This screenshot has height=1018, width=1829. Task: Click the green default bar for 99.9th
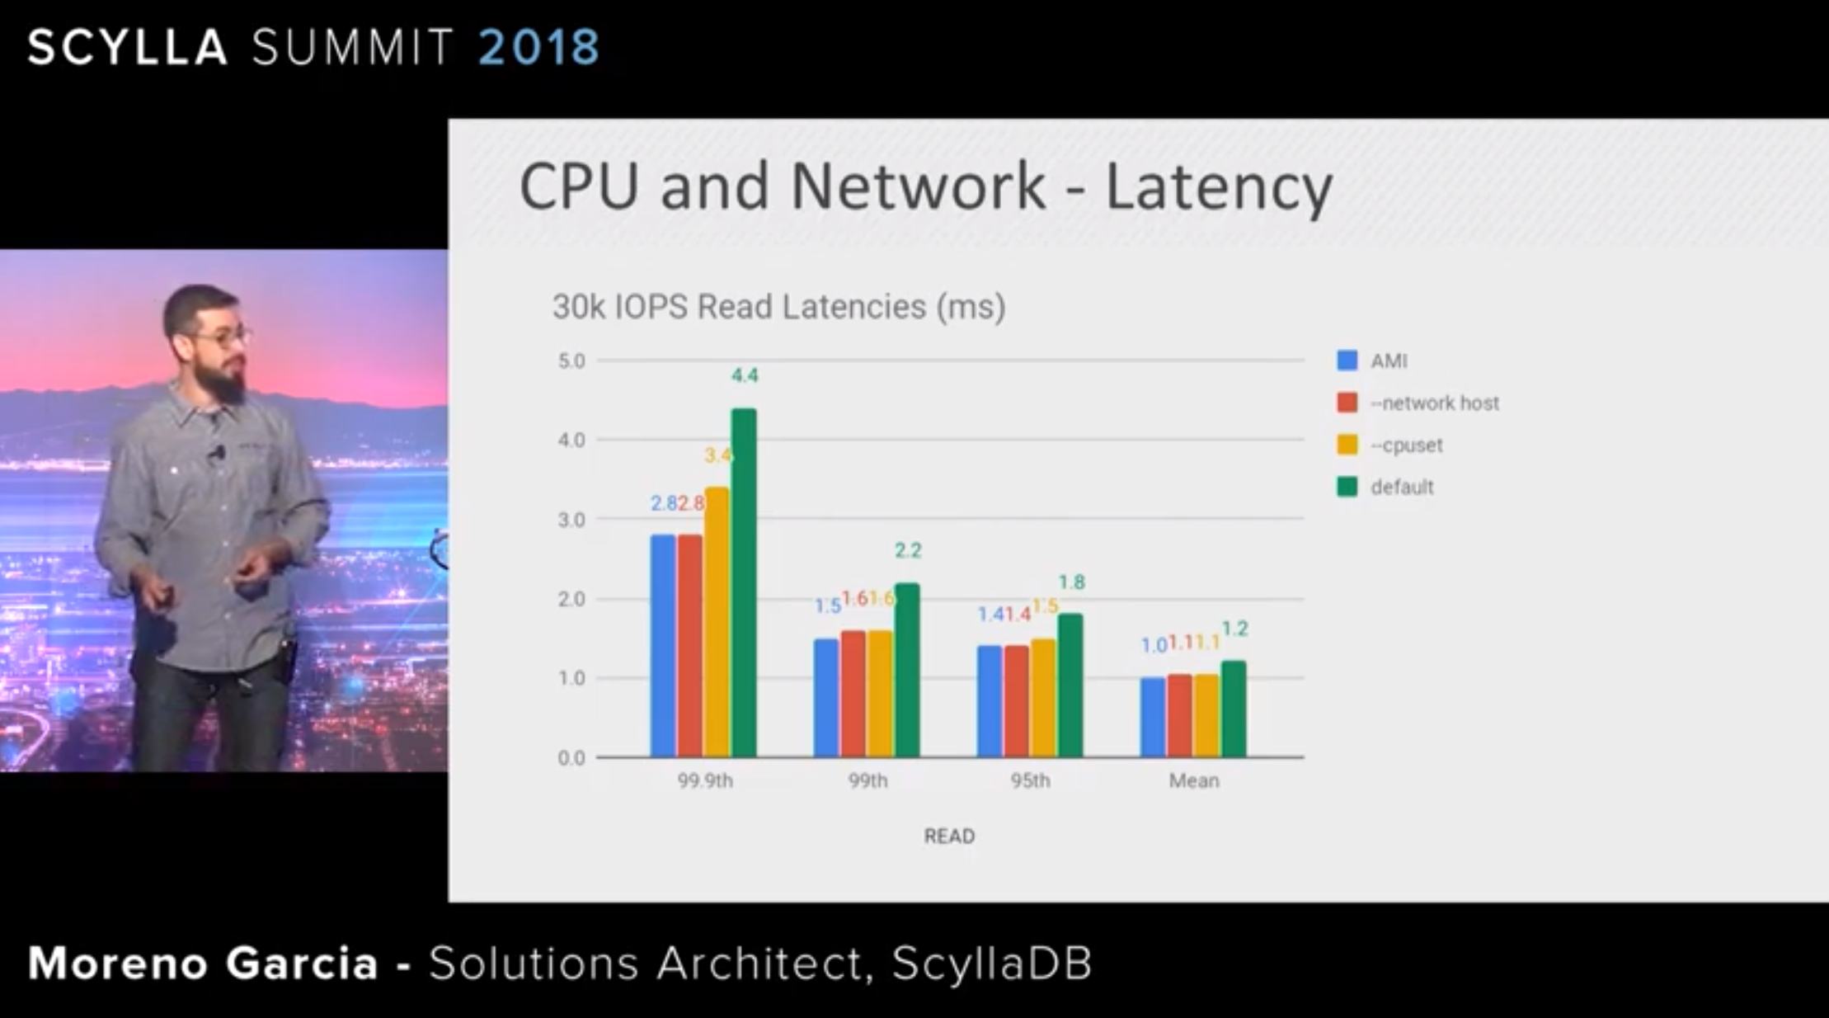click(744, 582)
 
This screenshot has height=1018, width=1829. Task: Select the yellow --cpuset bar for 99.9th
click(717, 622)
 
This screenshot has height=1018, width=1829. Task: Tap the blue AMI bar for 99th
click(826, 698)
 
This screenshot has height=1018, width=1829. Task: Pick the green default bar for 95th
click(1070, 685)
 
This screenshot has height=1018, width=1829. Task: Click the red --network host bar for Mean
click(1180, 715)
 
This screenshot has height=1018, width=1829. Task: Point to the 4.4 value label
click(745, 376)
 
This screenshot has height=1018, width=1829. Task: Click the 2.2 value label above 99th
click(908, 550)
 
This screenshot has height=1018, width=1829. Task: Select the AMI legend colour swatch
click(1347, 361)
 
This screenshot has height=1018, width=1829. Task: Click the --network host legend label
click(1435, 403)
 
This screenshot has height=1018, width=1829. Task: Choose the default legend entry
click(1402, 488)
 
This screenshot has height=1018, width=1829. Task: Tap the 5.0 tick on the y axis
click(571, 361)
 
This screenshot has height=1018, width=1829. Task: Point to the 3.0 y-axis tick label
click(571, 520)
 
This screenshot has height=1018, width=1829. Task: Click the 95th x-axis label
click(1030, 780)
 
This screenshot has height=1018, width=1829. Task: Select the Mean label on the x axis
click(1193, 780)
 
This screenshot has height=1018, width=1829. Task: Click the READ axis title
click(949, 837)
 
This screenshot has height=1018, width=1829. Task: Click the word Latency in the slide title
click(1218, 187)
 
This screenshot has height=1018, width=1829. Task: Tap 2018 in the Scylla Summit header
click(538, 47)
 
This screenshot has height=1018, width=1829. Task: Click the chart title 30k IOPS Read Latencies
click(778, 307)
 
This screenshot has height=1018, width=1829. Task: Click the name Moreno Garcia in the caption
click(203, 963)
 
